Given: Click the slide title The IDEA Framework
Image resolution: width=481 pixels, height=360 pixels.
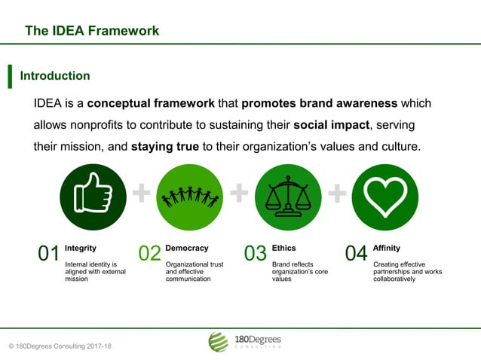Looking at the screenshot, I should (92, 31).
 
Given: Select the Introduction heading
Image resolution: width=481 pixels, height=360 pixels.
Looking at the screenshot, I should (55, 76).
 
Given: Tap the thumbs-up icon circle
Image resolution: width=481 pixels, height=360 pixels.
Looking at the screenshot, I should (93, 197).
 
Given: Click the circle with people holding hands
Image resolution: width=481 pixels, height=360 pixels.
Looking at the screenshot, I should (190, 197).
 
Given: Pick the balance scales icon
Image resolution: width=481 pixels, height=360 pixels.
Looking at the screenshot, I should (289, 197).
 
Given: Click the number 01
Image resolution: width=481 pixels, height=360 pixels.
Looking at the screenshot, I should (49, 255).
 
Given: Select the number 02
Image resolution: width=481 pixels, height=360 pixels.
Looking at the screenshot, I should (149, 255).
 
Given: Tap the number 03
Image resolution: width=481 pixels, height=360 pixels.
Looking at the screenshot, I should (256, 255).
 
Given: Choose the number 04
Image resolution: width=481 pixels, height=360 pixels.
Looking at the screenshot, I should (356, 255).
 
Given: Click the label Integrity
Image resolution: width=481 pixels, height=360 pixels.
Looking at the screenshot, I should (81, 248).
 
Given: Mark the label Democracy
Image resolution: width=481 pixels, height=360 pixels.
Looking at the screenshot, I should (186, 248).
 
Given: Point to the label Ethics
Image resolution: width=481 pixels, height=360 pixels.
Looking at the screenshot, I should (283, 248).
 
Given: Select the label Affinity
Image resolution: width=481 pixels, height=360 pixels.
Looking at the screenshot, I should (387, 248).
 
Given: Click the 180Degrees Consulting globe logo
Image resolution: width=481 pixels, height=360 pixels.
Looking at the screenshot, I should (218, 342).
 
